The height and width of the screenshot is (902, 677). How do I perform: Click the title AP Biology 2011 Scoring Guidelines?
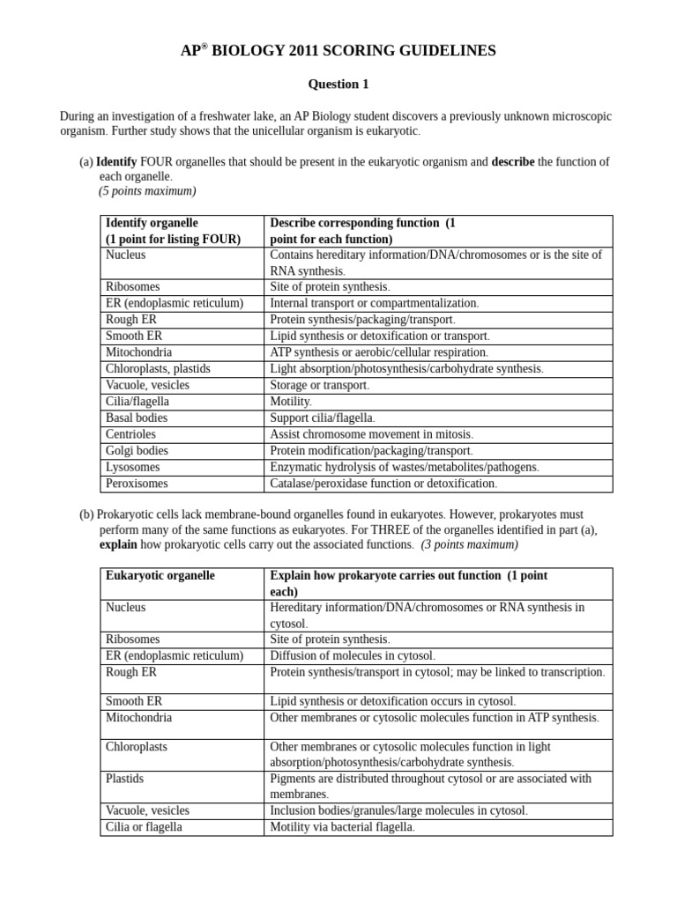coord(338,51)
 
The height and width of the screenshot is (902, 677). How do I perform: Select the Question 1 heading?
coord(338,85)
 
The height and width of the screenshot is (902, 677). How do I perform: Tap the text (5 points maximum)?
coord(147,191)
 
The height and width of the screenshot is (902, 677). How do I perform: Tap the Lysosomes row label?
coord(134,467)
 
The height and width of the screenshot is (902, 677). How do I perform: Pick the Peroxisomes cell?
coord(137,484)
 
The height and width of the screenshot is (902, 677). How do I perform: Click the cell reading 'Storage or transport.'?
coord(320,386)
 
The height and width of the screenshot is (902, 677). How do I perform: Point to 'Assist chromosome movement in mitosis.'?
coord(371,434)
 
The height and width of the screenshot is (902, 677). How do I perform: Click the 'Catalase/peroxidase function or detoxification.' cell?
coord(383,484)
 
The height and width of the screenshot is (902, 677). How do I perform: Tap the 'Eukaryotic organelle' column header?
coord(160,575)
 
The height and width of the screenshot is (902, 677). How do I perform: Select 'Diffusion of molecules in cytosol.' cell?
coord(353,656)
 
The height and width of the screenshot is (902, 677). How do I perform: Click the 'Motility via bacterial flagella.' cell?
coord(342,827)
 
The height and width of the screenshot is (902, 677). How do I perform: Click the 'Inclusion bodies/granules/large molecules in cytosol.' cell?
coord(398,811)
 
